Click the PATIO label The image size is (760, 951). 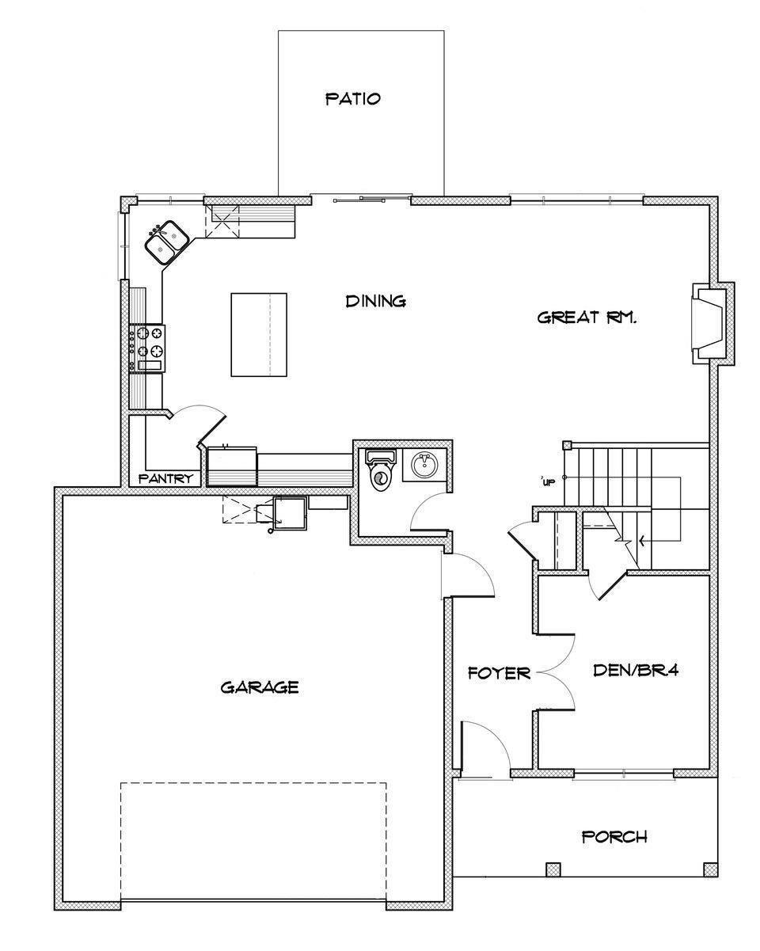[353, 99]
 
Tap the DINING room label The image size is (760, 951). [376, 301]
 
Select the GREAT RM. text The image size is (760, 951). [587, 318]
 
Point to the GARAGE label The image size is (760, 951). [259, 687]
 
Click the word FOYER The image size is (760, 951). [499, 674]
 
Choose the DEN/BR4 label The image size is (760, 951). [637, 670]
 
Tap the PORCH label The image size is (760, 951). [614, 836]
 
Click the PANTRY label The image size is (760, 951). [166, 478]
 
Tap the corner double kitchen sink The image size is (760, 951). [166, 242]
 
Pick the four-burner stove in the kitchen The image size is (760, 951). [148, 348]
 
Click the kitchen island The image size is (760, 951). [258, 334]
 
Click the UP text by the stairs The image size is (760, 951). [548, 481]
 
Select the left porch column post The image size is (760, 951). [553, 869]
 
